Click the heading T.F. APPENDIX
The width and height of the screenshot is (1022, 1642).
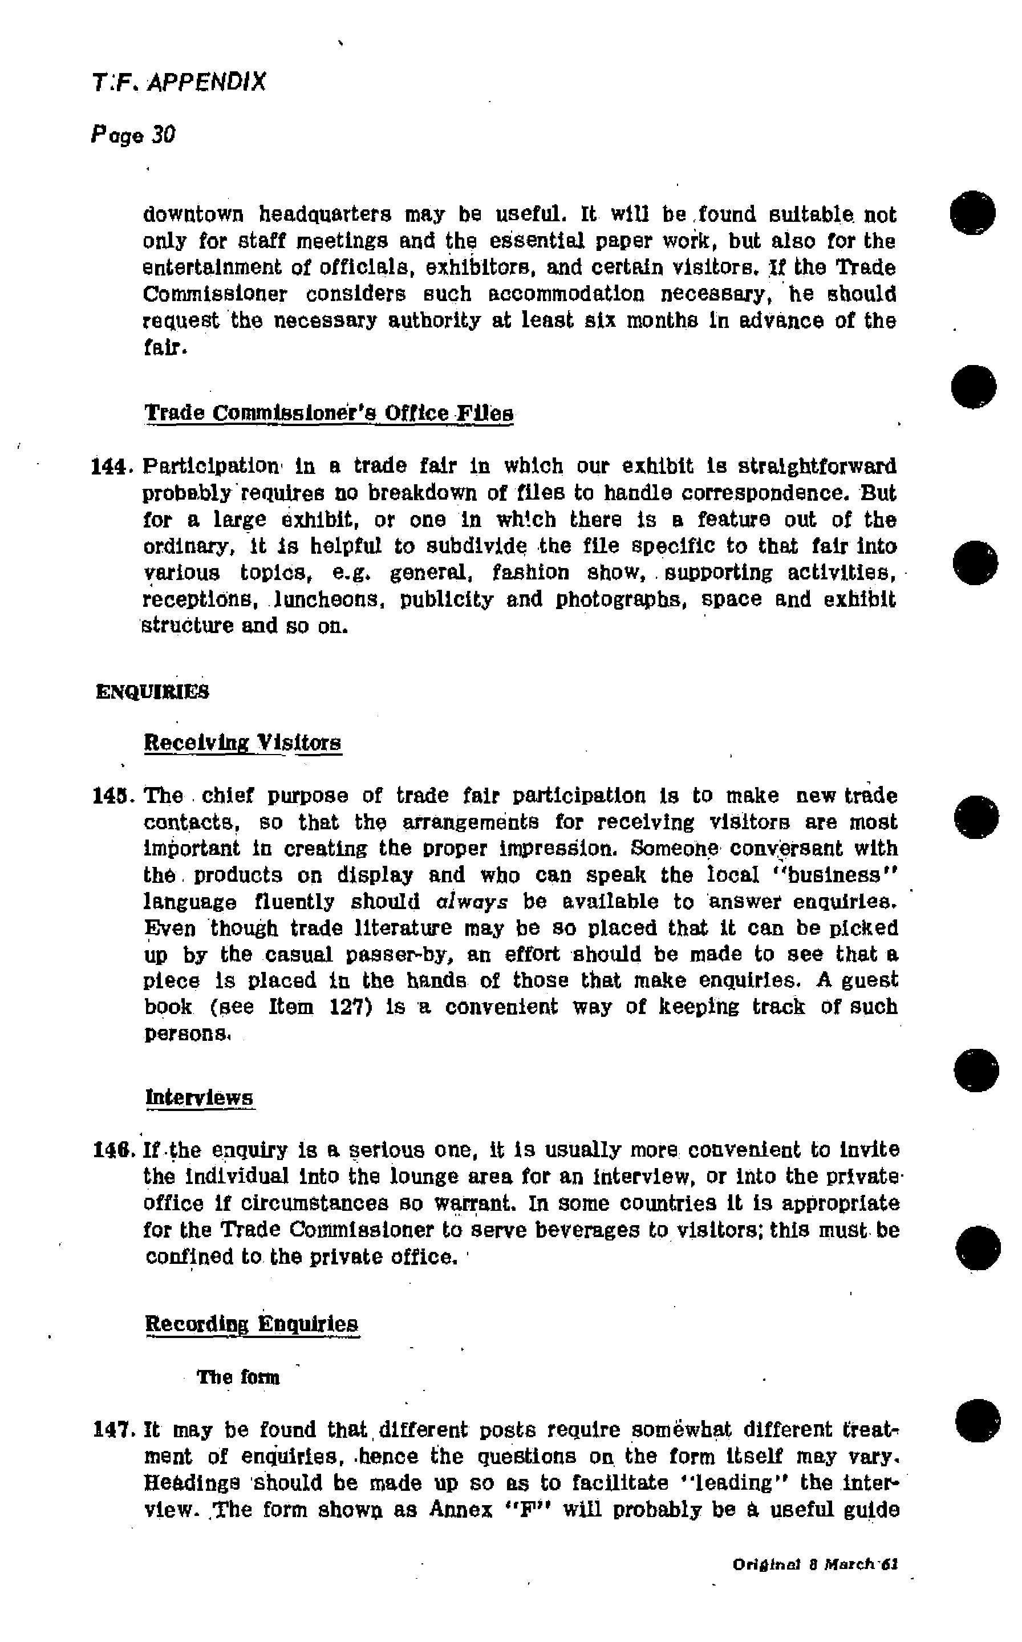179,83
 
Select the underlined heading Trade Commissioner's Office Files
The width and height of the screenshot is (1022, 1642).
329,413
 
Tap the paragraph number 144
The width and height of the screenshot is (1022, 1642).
108,467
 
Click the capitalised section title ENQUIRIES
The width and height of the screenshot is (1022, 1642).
153,692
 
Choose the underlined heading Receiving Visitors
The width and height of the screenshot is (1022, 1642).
242,743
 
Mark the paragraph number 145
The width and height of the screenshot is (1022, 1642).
109,796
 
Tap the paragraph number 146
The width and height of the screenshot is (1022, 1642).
109,1150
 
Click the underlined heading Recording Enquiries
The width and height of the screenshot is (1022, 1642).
252,1323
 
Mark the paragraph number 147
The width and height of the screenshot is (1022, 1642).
109,1430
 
